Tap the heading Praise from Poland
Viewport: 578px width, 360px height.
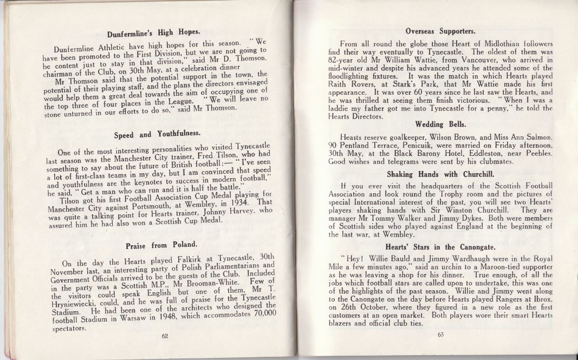point(153,246)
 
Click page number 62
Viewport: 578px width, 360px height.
point(165,336)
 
